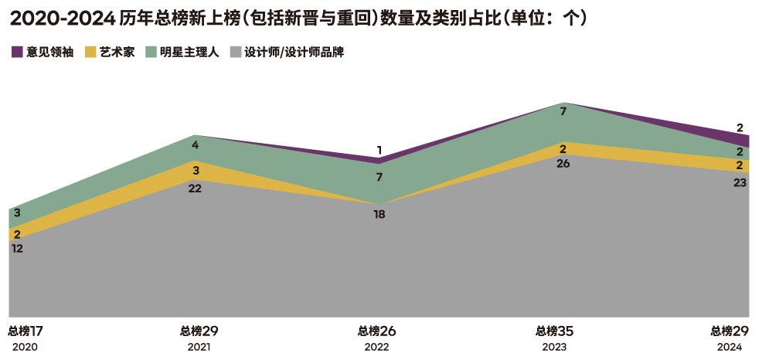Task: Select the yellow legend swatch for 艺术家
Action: [x=90, y=53]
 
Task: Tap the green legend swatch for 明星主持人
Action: [x=151, y=53]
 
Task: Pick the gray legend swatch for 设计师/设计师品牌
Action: [x=236, y=53]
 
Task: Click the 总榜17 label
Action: [x=25, y=331]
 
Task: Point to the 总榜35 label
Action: [x=553, y=331]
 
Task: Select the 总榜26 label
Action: [x=376, y=331]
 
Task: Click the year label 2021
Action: [x=199, y=348]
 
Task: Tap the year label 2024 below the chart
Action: [x=730, y=348]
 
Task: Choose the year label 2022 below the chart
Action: [x=376, y=348]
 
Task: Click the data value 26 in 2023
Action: [x=563, y=163]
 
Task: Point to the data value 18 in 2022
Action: [x=379, y=214]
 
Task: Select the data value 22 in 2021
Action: [x=195, y=188]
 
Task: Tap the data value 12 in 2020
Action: [x=18, y=249]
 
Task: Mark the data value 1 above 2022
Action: [x=379, y=150]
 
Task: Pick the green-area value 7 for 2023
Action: [x=563, y=111]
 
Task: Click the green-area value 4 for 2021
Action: [x=196, y=144]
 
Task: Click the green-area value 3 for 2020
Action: [x=17, y=212]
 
